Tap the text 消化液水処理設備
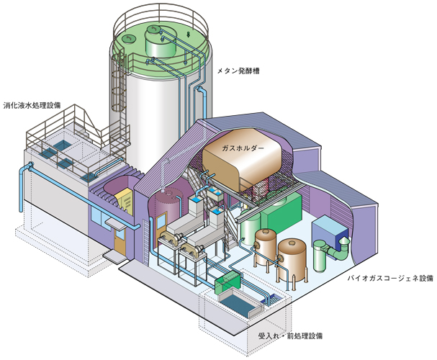pyautogui.click(x=32, y=105)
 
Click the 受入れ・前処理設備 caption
pyautogui.click(x=290, y=336)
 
